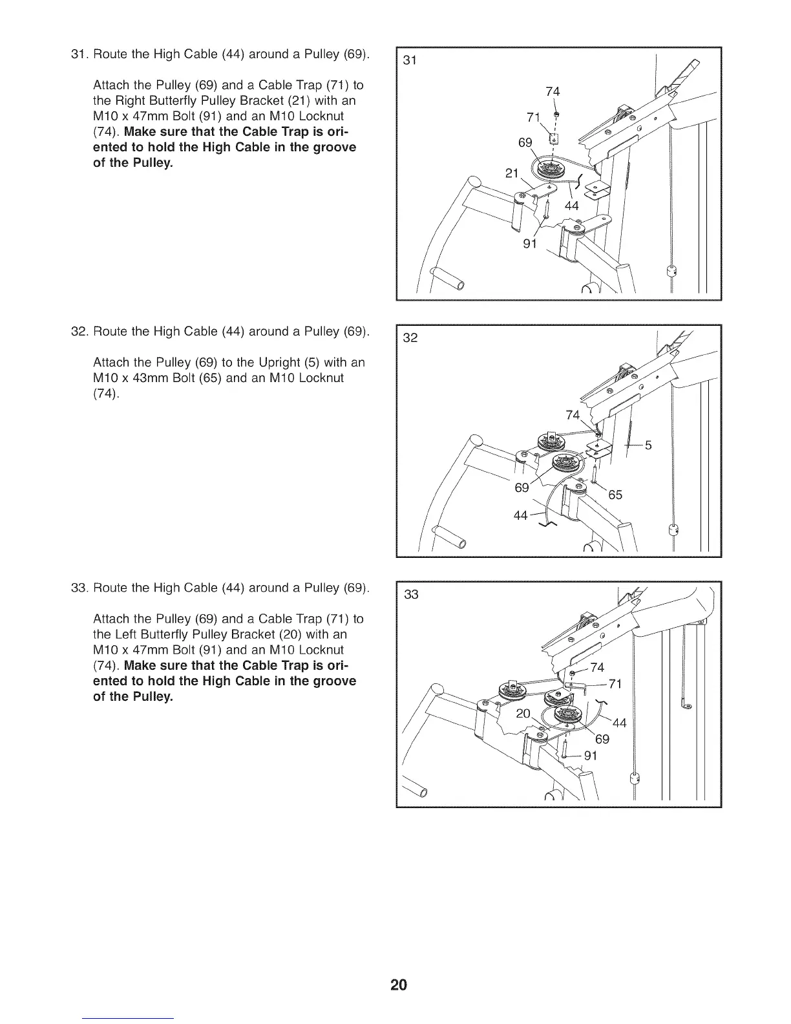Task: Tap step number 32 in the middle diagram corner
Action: tap(410, 338)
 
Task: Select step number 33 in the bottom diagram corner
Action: tap(412, 595)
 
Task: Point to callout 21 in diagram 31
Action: tap(512, 173)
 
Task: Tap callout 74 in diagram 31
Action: tap(553, 92)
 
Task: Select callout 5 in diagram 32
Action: tap(648, 445)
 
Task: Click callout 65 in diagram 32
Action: tap(615, 495)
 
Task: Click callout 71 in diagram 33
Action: tap(615, 684)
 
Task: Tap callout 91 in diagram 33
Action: tap(591, 756)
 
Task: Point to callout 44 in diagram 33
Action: tap(619, 723)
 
